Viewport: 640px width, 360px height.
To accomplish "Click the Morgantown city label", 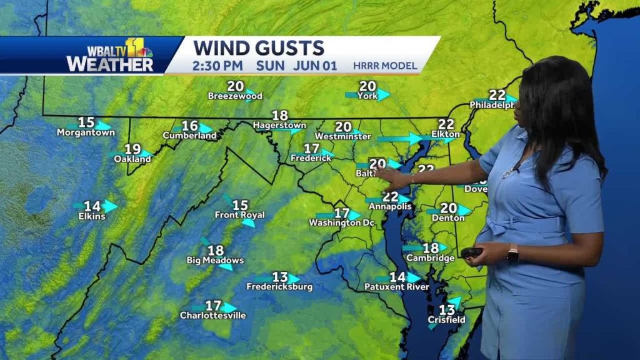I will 85,132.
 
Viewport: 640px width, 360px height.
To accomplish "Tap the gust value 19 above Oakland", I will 132,149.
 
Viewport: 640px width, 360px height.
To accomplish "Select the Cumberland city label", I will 189,136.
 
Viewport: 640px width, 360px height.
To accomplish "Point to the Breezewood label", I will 235,96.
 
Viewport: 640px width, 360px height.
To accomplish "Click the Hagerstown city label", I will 279,125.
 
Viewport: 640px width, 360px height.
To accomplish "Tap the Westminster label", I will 343,136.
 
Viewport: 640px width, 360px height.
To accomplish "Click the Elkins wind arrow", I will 109,206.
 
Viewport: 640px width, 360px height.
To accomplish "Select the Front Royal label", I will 240,215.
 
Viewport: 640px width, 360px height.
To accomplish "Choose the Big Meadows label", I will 215,260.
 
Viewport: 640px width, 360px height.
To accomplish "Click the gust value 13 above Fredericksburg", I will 279,277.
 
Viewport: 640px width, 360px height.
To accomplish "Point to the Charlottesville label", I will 213,315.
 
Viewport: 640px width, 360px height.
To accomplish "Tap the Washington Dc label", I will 341,222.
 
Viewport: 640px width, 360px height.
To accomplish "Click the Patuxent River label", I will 397,287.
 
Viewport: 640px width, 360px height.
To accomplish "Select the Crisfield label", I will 446,320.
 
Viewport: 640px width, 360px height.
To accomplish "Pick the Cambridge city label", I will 430,257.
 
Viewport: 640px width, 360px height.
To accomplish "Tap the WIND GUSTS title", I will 259,48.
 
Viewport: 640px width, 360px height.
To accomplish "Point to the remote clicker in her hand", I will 471,252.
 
